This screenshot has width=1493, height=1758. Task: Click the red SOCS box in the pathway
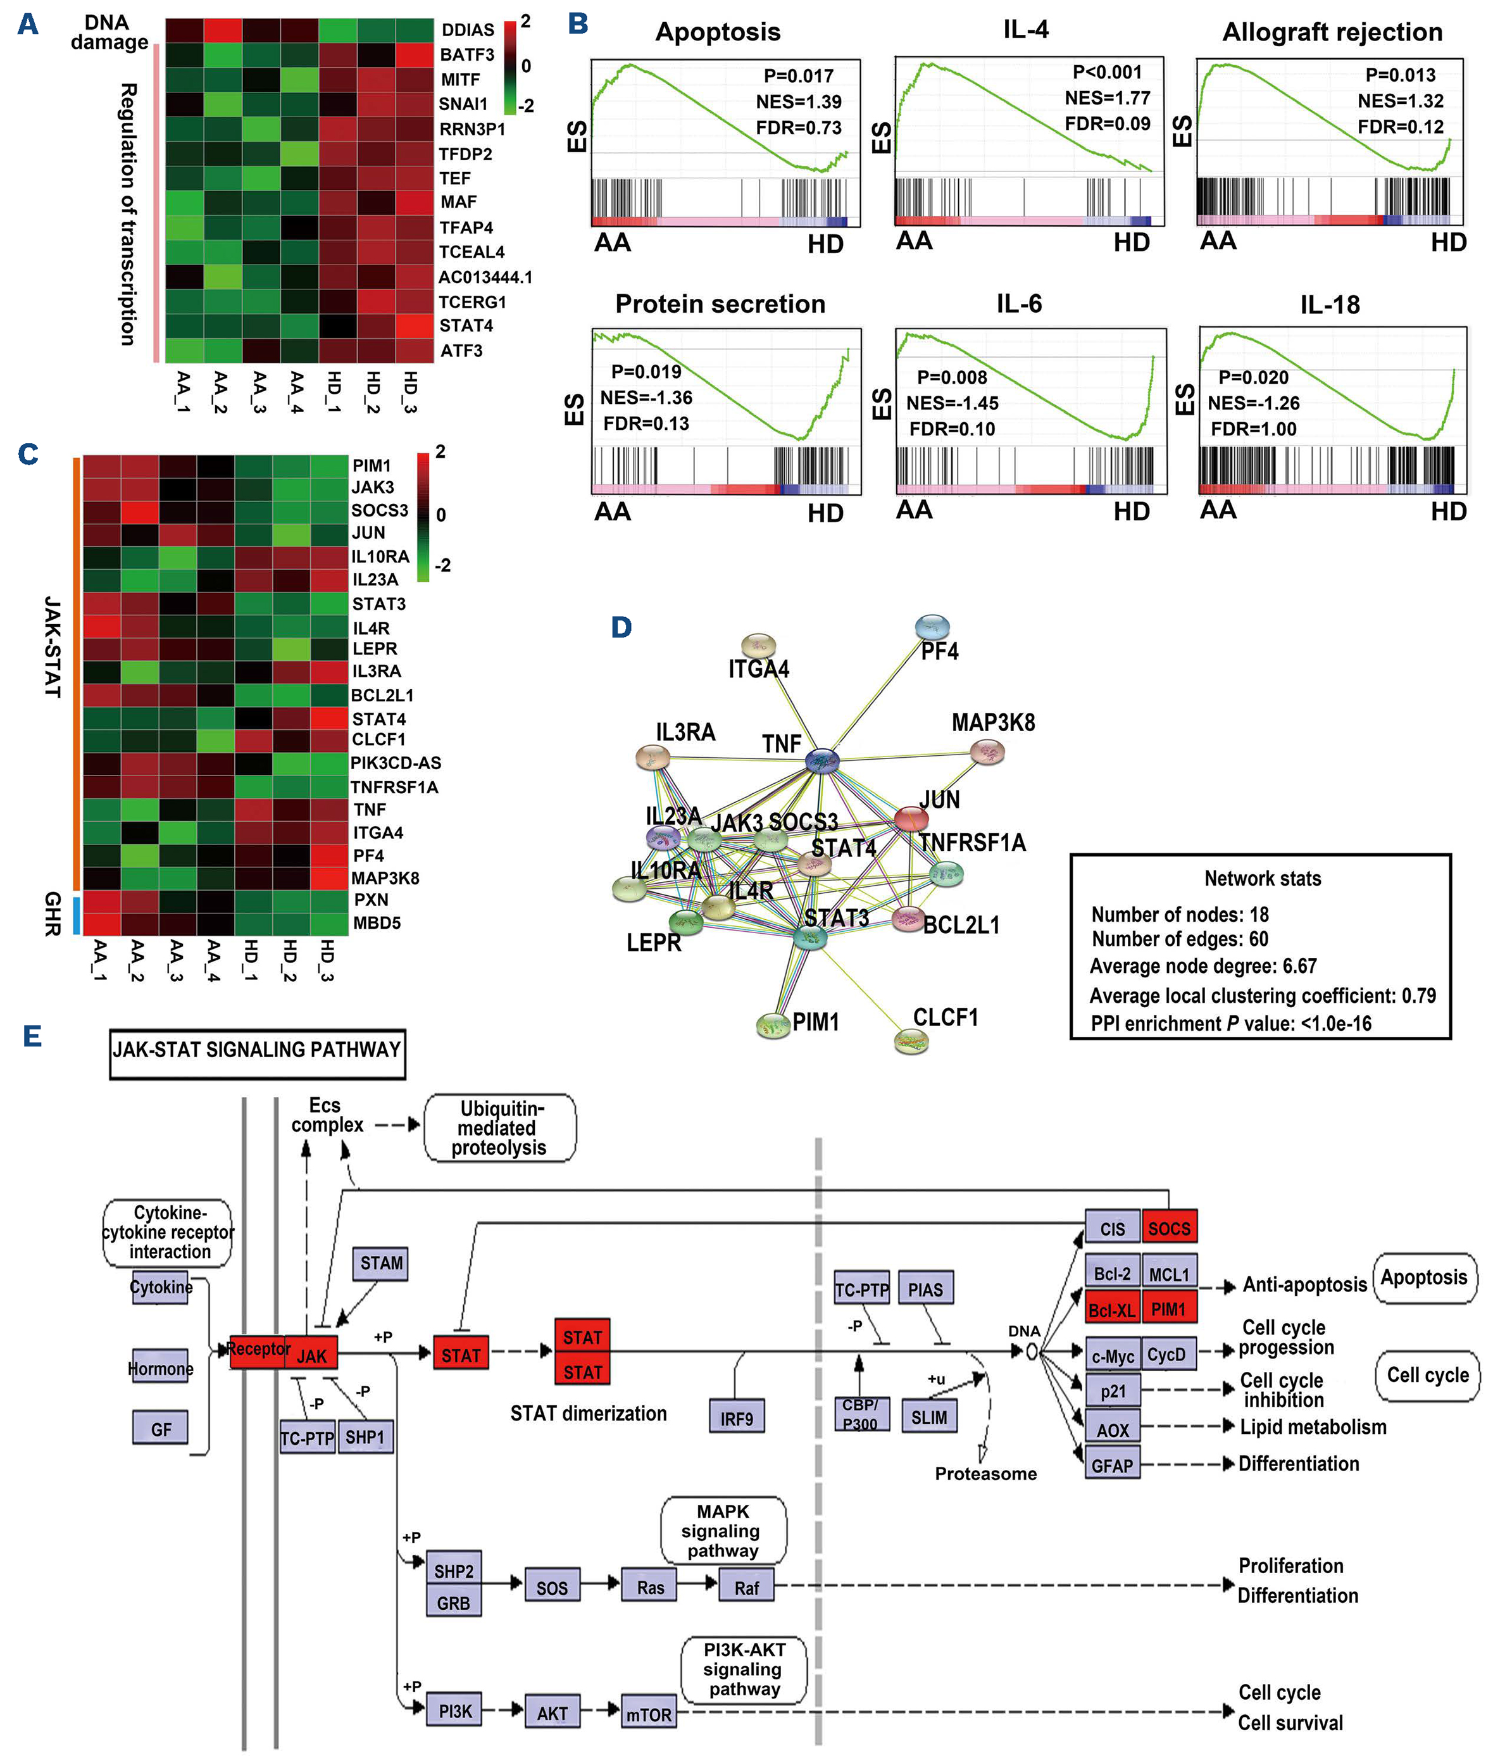point(1169,1228)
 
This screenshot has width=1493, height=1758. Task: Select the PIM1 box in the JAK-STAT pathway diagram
point(1169,1309)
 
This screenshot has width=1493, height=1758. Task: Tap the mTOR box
point(649,1714)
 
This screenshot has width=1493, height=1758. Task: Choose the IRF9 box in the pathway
point(736,1418)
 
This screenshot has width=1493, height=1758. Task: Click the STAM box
point(381,1263)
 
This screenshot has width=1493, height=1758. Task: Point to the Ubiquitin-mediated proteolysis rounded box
point(499,1128)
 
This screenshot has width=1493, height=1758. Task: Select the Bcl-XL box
point(1112,1309)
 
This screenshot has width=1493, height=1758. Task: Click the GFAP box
point(1112,1465)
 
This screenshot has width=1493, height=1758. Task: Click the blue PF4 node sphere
point(933,627)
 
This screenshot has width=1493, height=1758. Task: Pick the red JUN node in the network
point(911,819)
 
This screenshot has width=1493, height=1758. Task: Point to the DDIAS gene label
point(467,30)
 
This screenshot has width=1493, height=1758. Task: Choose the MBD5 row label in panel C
point(377,922)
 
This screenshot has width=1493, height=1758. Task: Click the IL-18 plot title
point(1330,305)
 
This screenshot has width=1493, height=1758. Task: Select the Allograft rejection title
point(1332,32)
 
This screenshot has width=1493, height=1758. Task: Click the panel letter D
point(622,627)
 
